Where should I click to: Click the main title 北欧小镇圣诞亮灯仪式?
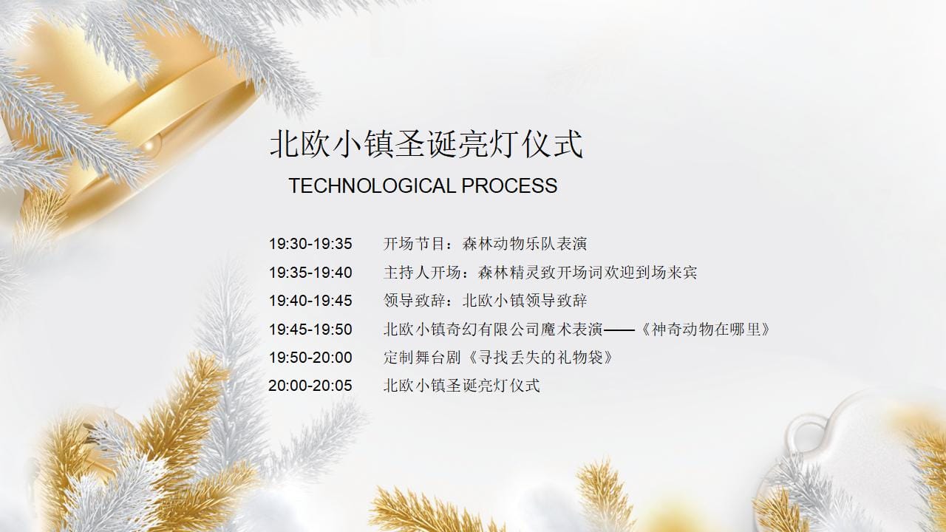point(426,144)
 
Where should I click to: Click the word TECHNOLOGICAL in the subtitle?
point(372,185)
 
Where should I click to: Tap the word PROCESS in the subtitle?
point(509,185)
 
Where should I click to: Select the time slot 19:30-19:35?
point(310,244)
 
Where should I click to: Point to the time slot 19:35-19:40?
point(310,273)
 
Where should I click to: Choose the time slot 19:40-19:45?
point(310,301)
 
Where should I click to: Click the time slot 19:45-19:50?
point(310,330)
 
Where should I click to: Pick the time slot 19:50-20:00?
point(310,358)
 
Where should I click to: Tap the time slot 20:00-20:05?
point(310,386)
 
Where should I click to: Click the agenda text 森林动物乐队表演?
point(525,244)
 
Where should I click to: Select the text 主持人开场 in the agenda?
point(422,273)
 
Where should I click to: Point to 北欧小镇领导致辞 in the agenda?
point(525,301)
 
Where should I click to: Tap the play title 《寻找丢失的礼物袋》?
point(540,358)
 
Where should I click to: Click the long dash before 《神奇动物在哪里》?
point(619,330)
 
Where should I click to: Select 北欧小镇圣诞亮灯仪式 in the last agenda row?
point(462,386)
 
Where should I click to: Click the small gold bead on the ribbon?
point(149,145)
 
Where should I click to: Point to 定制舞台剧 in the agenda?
point(422,358)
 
